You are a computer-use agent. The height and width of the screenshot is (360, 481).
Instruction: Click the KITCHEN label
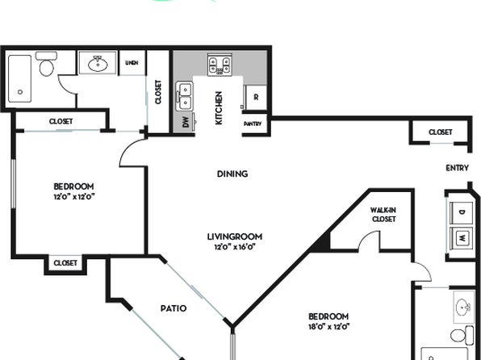(x=219, y=108)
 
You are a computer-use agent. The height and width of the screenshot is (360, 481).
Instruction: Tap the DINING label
(x=232, y=174)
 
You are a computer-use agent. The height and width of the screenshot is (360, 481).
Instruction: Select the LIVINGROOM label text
(x=235, y=237)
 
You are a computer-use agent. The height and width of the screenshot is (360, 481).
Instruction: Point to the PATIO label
(x=174, y=308)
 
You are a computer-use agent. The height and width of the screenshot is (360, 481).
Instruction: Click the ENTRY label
(x=457, y=168)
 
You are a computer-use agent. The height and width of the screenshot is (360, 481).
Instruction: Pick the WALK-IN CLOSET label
(x=383, y=215)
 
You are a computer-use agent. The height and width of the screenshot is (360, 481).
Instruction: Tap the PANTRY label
(x=253, y=124)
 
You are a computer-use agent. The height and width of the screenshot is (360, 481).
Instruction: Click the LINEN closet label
(x=132, y=63)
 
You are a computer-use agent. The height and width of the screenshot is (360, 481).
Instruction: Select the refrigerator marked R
(x=256, y=98)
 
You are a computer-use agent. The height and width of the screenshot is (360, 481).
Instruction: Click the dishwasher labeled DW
(x=185, y=122)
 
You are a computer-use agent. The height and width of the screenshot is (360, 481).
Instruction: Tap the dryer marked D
(x=462, y=212)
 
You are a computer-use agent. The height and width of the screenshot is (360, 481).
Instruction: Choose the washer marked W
(x=462, y=237)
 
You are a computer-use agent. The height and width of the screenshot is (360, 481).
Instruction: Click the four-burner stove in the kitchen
(x=220, y=65)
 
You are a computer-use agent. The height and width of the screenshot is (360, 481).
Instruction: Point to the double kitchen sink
(x=184, y=96)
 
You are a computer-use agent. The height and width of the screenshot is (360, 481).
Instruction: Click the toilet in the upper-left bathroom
(x=47, y=64)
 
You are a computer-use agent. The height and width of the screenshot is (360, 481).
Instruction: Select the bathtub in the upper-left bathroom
(x=20, y=78)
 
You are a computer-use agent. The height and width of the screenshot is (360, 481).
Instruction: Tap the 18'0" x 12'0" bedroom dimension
(x=328, y=327)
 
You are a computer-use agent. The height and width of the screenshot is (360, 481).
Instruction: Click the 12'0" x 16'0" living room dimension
(x=235, y=247)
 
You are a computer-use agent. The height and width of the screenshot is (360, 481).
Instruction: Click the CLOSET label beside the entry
(x=441, y=132)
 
